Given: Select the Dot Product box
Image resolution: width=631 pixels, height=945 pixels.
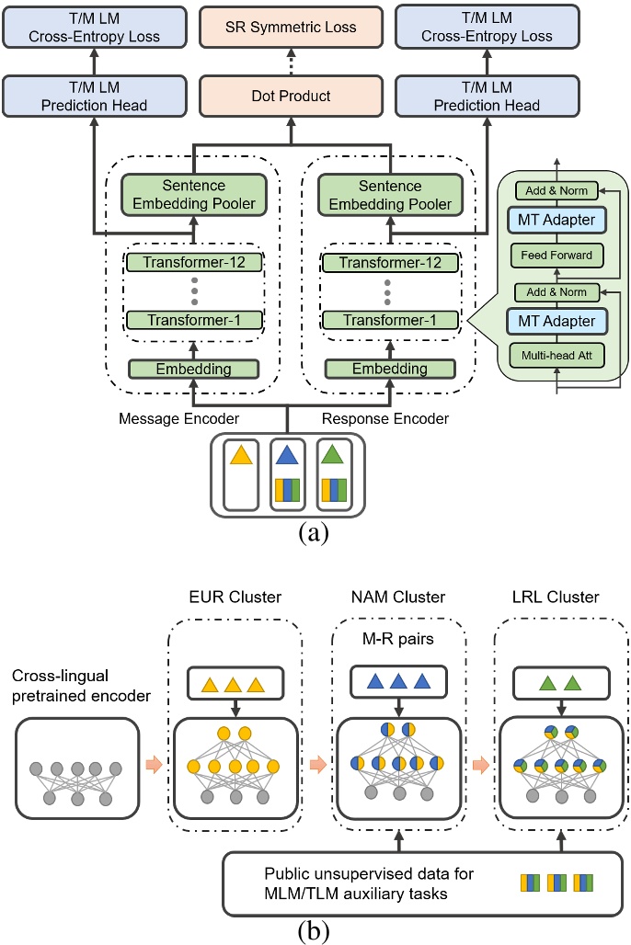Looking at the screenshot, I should (292, 96).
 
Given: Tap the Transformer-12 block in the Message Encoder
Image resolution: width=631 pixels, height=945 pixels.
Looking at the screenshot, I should (194, 262).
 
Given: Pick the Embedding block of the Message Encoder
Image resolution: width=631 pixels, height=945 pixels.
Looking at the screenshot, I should (194, 369).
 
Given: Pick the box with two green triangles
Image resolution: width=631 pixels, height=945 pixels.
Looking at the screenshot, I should (550, 682).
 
